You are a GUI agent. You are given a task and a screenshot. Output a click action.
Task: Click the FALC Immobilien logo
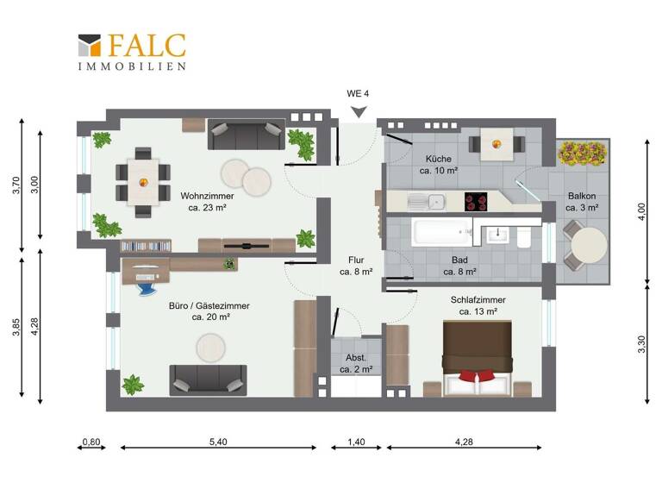tap(131, 51)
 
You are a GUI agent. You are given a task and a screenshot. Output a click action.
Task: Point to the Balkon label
tap(581, 201)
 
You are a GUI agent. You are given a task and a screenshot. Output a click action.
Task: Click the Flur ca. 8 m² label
tap(355, 265)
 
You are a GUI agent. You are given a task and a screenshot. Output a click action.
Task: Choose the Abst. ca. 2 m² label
tap(355, 363)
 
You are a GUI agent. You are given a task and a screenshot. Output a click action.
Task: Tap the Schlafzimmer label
tap(478, 305)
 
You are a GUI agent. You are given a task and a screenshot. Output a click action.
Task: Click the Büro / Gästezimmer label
tap(209, 310)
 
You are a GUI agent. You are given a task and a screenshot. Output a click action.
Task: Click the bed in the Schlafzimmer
tap(478, 360)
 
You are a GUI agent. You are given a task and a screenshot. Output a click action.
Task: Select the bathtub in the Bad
tap(442, 233)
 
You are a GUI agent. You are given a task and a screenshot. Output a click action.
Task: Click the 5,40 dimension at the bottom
tap(218, 442)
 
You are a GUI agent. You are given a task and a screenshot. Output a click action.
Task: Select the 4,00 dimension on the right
tap(639, 209)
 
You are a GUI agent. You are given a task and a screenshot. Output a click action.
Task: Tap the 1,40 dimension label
tap(356, 442)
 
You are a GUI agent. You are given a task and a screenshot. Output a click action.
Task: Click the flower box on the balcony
tap(585, 154)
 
